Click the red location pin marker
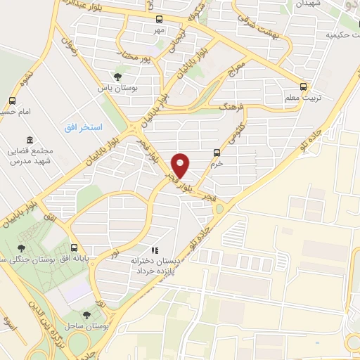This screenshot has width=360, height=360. [181, 165]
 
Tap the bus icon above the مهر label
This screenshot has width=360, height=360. [160, 20]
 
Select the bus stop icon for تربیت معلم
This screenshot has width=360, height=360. [303, 86]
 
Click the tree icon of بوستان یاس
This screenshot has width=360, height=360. [117, 77]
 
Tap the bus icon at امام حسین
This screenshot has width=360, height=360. [12, 100]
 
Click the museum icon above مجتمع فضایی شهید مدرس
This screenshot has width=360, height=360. [28, 140]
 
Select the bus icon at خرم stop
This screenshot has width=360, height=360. [217, 153]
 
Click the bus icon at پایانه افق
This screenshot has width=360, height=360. [75, 247]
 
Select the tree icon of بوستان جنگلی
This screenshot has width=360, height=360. [22, 247]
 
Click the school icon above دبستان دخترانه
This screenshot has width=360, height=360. [155, 250]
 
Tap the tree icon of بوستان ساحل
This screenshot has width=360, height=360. [86, 316]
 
